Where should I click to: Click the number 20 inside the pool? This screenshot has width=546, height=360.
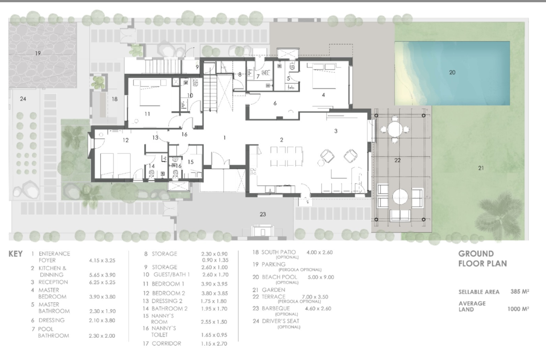click(x=452, y=73)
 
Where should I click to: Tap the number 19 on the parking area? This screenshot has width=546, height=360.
click(x=38, y=53)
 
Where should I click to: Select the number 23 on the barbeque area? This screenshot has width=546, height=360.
click(x=262, y=214)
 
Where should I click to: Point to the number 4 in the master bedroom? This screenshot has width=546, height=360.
click(x=323, y=95)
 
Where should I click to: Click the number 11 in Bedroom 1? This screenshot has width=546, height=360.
click(x=147, y=114)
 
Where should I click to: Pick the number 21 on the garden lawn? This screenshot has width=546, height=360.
click(x=481, y=168)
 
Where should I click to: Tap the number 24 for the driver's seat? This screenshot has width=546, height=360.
click(x=23, y=99)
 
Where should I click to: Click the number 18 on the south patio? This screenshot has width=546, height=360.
click(x=114, y=99)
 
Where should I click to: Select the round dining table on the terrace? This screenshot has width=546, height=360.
click(x=395, y=129)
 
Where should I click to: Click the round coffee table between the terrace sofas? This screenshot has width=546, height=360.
click(x=400, y=197)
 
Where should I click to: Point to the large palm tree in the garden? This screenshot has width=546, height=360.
click(x=497, y=214)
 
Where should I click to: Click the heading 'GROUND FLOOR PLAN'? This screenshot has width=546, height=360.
click(x=483, y=259)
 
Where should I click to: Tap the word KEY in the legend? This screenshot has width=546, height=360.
click(x=15, y=254)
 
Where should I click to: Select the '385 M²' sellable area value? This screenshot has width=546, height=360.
click(x=520, y=291)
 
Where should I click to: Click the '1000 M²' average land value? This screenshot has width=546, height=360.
click(x=518, y=309)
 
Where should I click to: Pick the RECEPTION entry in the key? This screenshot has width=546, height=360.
click(x=53, y=282)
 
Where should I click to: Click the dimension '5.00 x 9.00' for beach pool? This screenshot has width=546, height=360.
click(x=321, y=277)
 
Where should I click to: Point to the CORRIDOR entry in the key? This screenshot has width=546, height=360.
click(x=167, y=344)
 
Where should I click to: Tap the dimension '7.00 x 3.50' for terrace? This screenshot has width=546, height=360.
click(x=315, y=297)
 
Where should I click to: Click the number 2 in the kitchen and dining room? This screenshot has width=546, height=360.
click(x=281, y=140)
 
